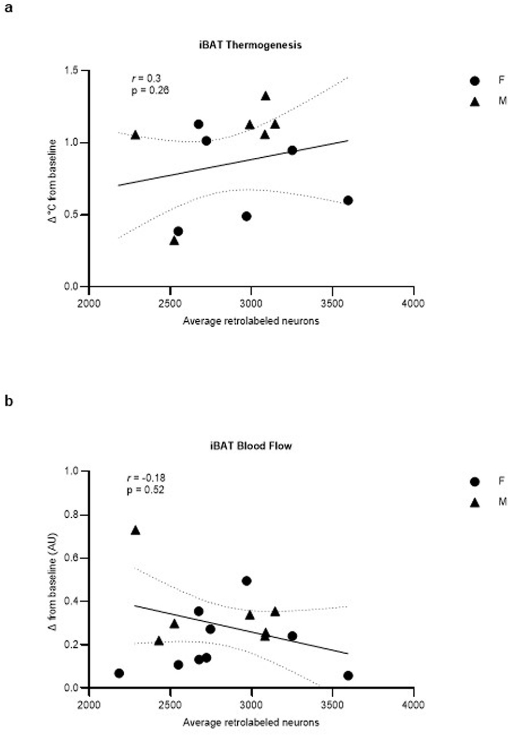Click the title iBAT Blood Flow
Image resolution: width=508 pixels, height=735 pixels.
pos(250,446)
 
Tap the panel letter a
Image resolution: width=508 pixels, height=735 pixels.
pos(8,8)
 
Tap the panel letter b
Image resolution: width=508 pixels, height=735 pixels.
pos(8,402)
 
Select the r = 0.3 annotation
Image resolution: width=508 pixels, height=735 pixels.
pos(146,78)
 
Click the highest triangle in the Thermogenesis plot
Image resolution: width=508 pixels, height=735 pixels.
pos(265,96)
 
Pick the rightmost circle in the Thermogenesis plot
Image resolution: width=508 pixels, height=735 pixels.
pos(348,200)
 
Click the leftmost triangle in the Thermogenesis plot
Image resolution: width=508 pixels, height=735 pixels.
pos(135,135)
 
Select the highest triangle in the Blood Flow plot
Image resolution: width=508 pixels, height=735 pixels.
pos(135,530)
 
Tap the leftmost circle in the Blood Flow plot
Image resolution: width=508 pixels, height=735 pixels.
pos(119,673)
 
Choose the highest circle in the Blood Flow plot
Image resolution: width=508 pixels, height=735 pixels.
pos(247,581)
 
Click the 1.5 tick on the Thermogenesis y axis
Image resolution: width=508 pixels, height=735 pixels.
pos(71,71)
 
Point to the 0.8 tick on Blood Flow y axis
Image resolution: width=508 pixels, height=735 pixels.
pos(71,515)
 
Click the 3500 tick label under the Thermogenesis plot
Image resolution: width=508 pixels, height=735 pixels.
pos(332,303)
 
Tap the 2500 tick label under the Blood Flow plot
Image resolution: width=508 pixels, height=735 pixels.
pos(170,704)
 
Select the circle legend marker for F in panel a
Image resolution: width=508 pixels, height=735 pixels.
pos(475,81)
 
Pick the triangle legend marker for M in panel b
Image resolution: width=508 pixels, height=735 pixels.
pos(475,503)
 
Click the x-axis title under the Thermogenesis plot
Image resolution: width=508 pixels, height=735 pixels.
pos(250,321)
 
